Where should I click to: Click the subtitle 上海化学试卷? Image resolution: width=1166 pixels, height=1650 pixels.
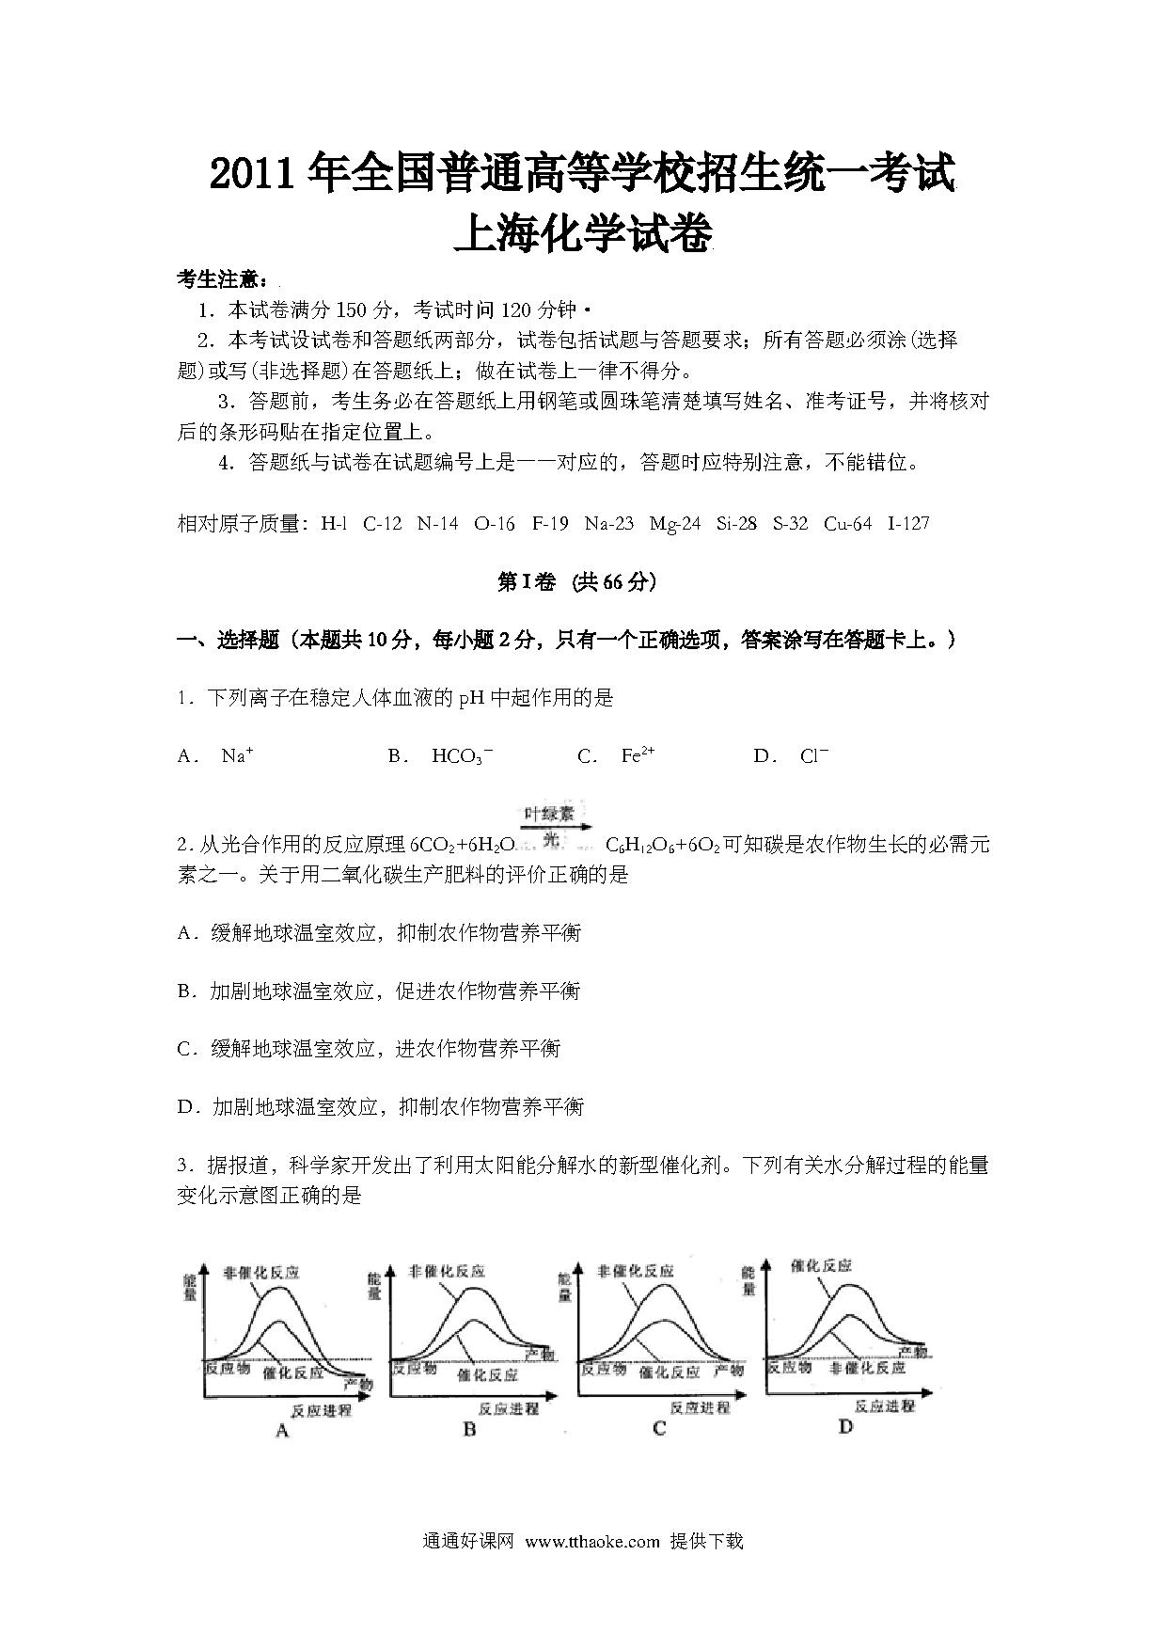[582, 233]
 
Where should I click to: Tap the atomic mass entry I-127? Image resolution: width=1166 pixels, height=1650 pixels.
[908, 523]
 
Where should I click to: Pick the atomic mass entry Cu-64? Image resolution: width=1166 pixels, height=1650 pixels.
[847, 523]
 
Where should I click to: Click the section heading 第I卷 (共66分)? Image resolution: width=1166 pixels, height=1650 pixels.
[575, 582]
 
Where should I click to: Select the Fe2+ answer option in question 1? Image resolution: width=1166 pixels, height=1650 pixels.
[638, 754]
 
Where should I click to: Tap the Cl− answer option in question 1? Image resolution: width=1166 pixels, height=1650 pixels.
[813, 754]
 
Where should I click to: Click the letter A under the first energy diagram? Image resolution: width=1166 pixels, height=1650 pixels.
[281, 1431]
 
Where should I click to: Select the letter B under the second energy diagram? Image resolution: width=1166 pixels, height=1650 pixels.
[470, 1430]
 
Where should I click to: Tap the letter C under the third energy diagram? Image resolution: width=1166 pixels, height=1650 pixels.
[659, 1429]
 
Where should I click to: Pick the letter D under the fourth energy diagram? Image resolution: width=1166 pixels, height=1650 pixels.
[845, 1427]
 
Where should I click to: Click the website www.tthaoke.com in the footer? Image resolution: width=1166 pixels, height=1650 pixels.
[592, 1541]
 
